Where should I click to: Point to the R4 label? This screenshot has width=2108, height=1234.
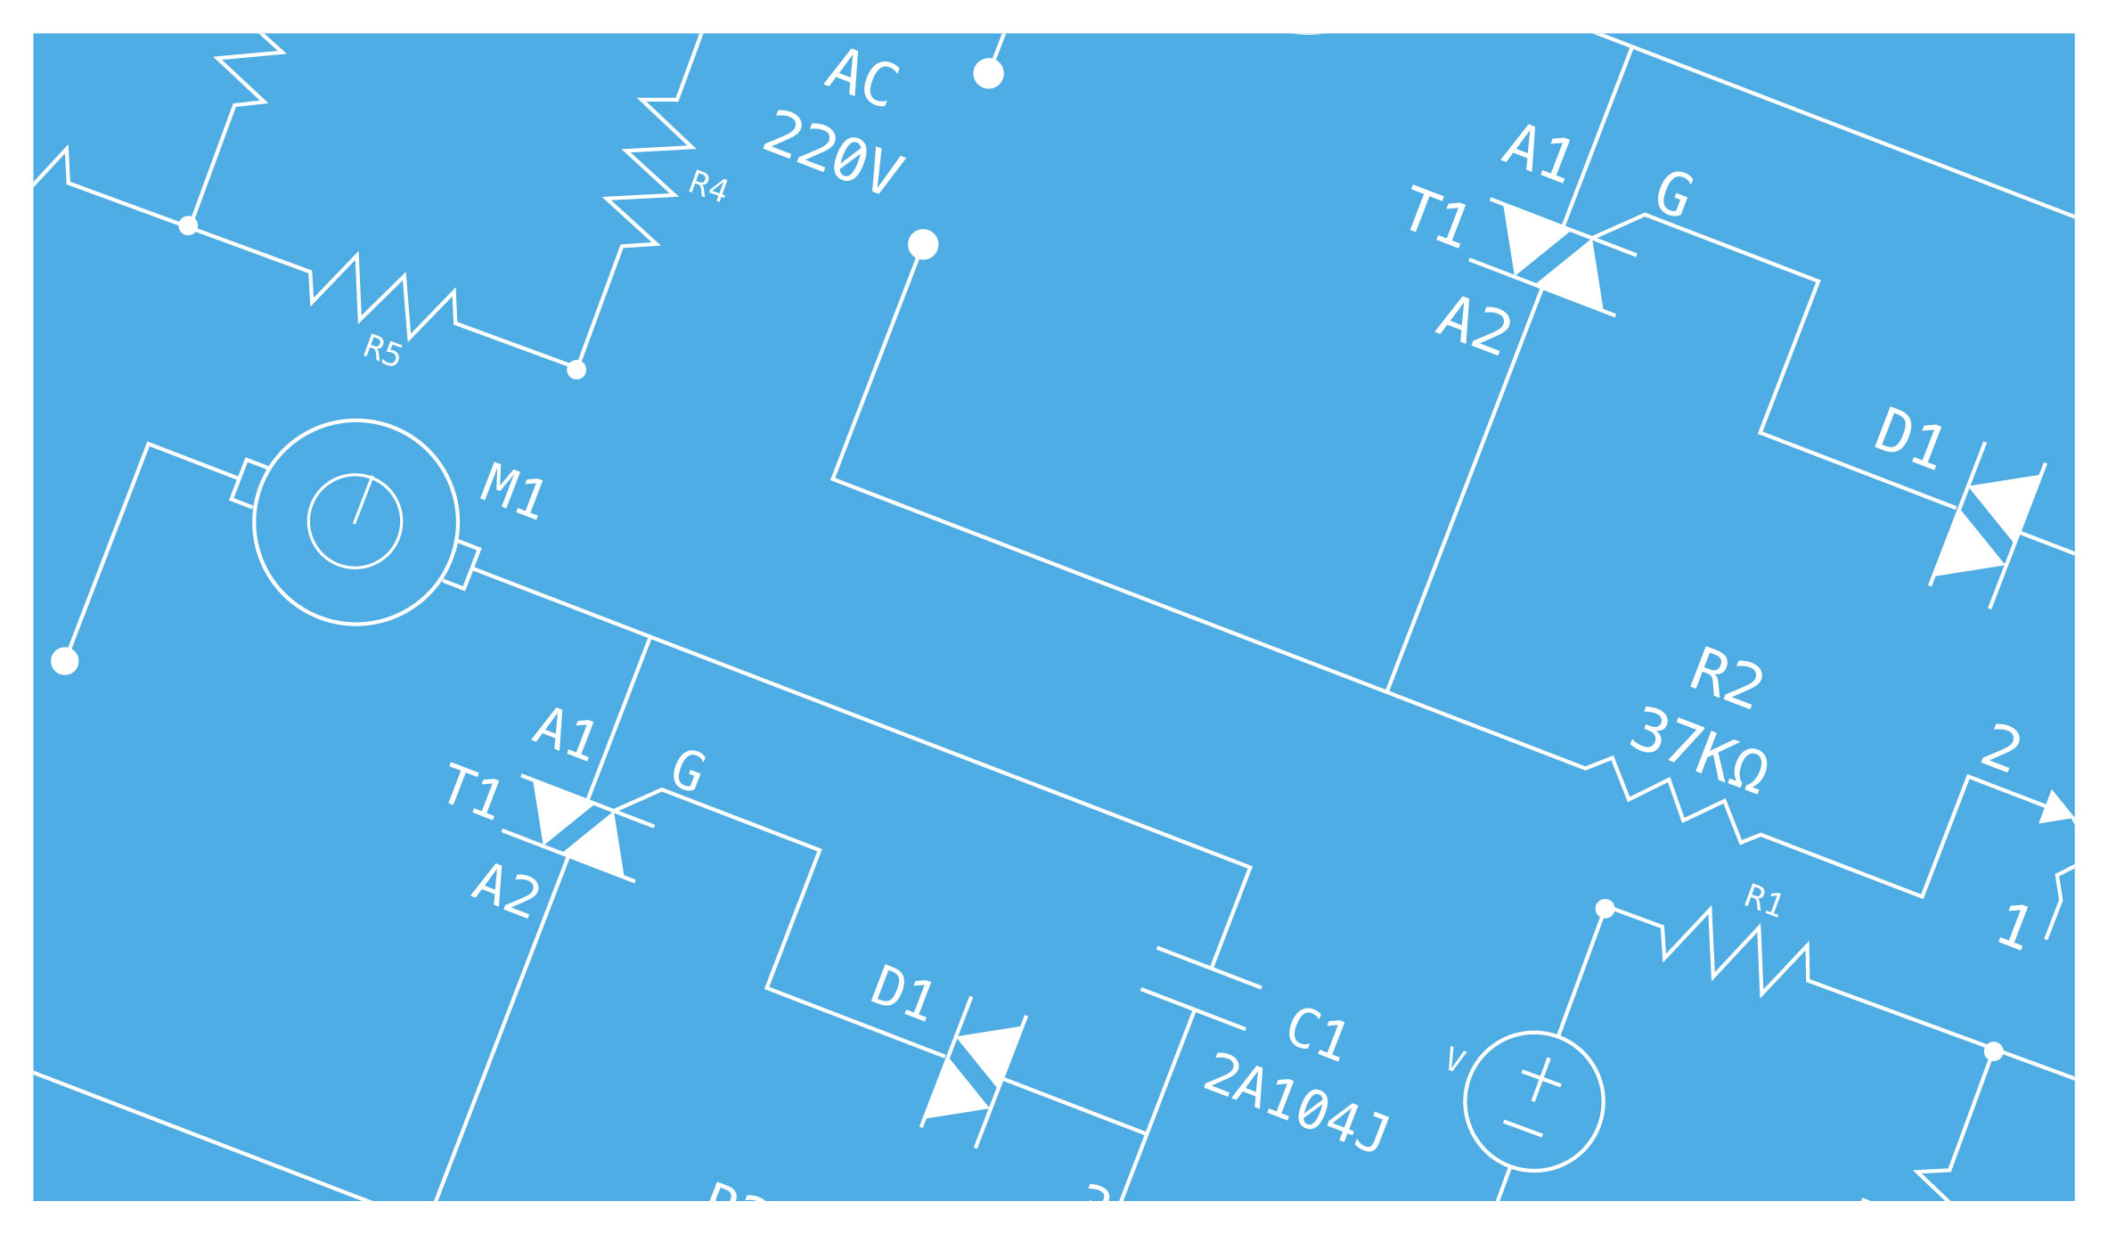(x=708, y=186)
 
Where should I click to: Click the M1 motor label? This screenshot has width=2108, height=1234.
(x=512, y=491)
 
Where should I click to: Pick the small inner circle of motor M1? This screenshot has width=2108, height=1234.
(x=355, y=521)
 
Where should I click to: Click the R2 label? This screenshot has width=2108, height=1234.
(x=1727, y=678)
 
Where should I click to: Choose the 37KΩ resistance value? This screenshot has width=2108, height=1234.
(x=1698, y=750)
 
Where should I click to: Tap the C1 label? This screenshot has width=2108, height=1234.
(x=1317, y=1034)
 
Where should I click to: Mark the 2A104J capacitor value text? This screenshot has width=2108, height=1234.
(x=1295, y=1103)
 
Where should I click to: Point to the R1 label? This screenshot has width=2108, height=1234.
(x=1763, y=900)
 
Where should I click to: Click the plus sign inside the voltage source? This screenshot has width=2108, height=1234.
(x=1540, y=1079)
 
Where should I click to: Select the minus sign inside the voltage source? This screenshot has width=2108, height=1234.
(x=1523, y=1129)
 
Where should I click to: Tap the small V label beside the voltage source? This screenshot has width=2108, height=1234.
(x=1456, y=1059)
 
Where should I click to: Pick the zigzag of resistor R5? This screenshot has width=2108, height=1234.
(x=383, y=297)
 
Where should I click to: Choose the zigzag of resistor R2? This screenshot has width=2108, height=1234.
(x=1675, y=799)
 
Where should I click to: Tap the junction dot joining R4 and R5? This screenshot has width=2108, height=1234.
(x=576, y=369)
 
